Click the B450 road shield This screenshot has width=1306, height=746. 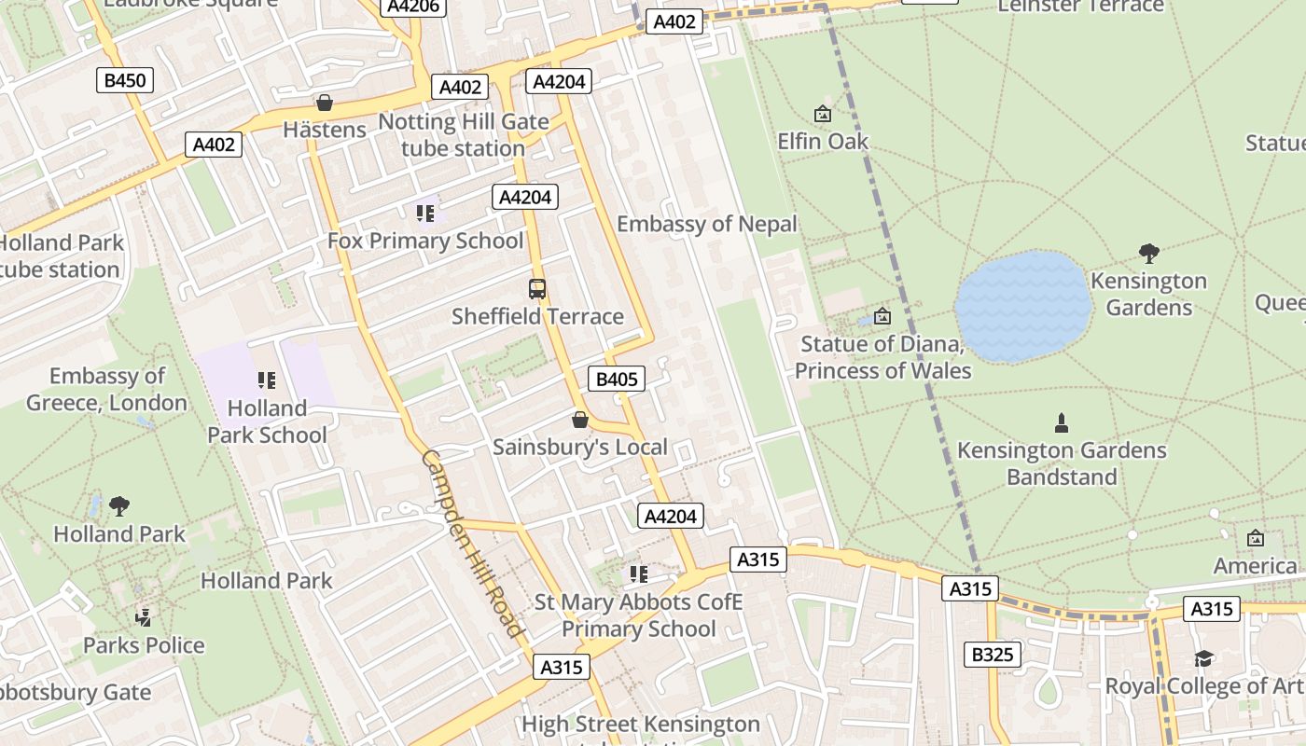tap(125, 80)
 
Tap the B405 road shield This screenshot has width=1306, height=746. tap(617, 379)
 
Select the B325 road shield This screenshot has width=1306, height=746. tap(992, 655)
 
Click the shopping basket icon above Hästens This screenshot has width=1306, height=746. tap(325, 103)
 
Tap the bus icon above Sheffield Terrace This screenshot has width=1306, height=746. tap(537, 289)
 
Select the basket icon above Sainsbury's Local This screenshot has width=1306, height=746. tap(580, 420)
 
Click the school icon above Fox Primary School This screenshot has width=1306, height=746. tap(425, 214)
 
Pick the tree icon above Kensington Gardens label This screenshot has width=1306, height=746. tap(1149, 253)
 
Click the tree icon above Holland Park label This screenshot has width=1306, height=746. tap(118, 506)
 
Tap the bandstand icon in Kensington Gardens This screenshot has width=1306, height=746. tap(1061, 423)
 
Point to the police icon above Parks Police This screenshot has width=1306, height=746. tap(144, 616)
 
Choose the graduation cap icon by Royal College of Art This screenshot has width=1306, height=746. tap(1203, 659)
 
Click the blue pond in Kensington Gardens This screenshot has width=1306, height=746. tap(1022, 305)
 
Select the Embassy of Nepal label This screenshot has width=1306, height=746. tap(707, 224)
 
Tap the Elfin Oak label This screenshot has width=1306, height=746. tap(823, 142)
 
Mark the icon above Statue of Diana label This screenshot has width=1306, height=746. tap(882, 317)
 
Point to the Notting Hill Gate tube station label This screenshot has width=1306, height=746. tap(463, 135)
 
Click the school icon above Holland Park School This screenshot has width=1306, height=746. tap(267, 380)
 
